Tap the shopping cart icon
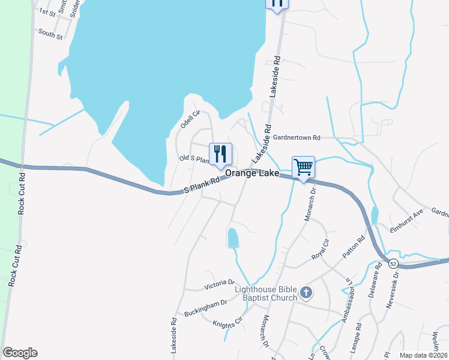click(303, 166)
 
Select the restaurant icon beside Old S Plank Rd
click(220, 154)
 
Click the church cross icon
click(306, 293)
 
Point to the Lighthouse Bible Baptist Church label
click(266, 293)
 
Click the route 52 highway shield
click(393, 263)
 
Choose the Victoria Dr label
click(219, 283)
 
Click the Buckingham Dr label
click(206, 308)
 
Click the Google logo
click(20, 353)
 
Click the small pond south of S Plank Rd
click(233, 238)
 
